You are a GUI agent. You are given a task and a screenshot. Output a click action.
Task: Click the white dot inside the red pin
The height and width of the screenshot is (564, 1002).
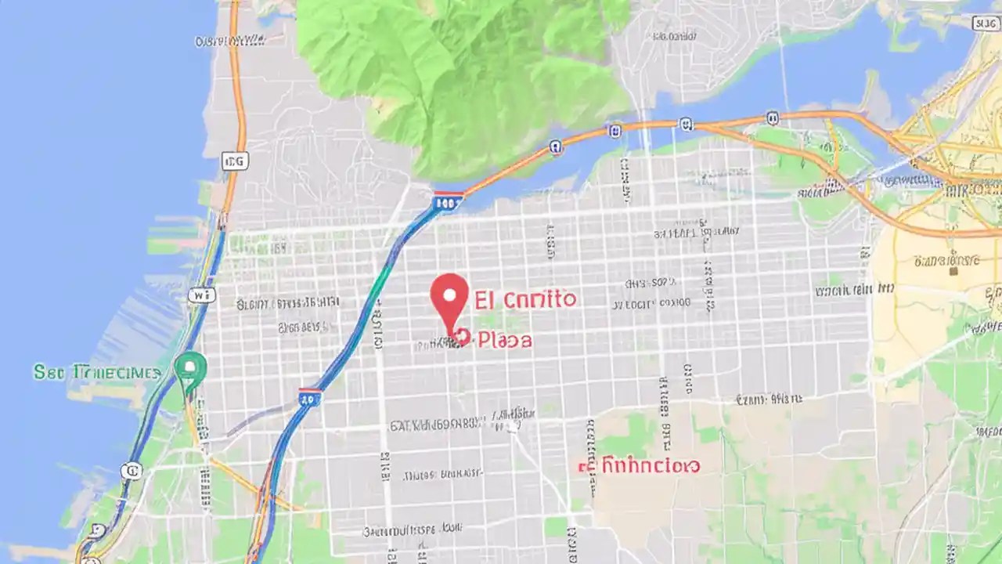[449, 295]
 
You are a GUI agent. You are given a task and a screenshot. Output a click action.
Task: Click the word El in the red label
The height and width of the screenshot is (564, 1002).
[484, 298]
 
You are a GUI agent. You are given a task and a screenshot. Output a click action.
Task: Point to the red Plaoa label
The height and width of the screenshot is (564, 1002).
[505, 340]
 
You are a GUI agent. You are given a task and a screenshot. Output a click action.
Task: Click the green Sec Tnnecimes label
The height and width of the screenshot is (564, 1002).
[97, 372]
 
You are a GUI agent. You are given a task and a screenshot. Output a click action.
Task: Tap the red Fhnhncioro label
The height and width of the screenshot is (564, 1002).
[640, 466]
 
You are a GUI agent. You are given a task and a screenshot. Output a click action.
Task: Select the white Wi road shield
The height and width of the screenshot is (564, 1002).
[200, 295]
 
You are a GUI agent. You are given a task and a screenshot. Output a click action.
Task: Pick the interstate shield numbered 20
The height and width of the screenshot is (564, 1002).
[310, 398]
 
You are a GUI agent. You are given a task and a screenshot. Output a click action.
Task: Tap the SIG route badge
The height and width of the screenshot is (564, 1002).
[985, 23]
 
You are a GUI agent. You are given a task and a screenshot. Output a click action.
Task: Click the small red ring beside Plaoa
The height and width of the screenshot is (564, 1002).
[460, 337]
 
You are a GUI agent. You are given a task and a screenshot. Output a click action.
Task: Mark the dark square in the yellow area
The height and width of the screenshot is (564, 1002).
[953, 271]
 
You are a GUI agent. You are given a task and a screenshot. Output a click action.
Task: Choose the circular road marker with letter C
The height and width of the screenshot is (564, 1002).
[131, 471]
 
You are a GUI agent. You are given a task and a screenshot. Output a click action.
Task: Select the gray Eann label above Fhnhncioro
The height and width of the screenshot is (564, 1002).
[769, 399]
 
